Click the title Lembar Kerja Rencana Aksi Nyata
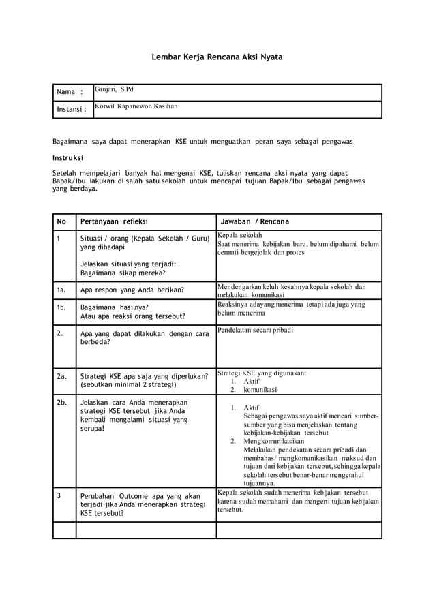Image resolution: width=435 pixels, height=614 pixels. point(217,58)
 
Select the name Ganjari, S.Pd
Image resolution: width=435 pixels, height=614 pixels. point(115,89)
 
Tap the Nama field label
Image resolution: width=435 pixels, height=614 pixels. point(70,93)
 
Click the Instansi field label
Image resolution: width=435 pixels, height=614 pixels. point(72,110)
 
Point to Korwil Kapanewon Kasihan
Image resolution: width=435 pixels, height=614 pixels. point(136,106)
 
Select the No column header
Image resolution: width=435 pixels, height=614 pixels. point(62,221)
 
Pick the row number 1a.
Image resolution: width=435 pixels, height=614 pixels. point(63,289)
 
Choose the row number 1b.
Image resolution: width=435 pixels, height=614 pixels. point(63,307)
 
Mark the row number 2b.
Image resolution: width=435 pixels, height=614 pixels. point(63,403)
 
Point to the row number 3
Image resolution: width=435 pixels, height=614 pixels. point(60,495)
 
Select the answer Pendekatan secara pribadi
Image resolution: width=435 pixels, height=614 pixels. point(256,330)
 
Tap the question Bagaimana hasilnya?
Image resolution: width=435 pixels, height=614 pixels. point(115,307)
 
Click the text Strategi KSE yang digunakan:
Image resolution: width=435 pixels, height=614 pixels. point(261,373)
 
